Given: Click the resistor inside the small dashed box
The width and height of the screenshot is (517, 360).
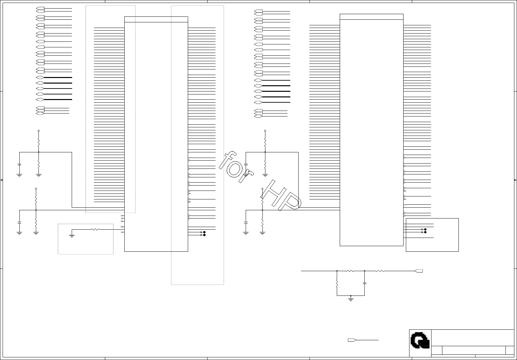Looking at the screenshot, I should point(95,229).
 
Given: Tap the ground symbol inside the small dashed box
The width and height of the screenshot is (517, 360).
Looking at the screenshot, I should point(72,236).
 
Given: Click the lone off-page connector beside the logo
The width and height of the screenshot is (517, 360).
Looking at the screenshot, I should point(352,340).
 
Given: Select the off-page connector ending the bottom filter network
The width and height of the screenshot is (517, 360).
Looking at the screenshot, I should point(419,271).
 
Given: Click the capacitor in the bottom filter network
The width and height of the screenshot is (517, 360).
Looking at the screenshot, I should point(365,283).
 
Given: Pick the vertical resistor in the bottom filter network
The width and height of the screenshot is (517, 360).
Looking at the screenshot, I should point(337,283).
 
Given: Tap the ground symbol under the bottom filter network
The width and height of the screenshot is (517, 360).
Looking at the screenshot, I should point(351,299).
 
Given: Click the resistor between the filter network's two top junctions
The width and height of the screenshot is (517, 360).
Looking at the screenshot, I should point(350,271).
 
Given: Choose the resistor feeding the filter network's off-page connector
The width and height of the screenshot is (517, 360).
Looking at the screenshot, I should point(380,271).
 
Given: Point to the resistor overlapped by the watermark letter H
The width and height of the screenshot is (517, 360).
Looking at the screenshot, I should point(262,198).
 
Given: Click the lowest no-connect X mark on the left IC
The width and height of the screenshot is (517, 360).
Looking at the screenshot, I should point(122,232).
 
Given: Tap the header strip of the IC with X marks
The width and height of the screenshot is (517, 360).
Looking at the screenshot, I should point(156,19).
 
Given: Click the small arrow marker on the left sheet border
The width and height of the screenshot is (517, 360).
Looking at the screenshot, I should point(2,180).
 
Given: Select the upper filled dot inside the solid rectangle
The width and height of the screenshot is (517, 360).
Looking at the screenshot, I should point(426,229).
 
